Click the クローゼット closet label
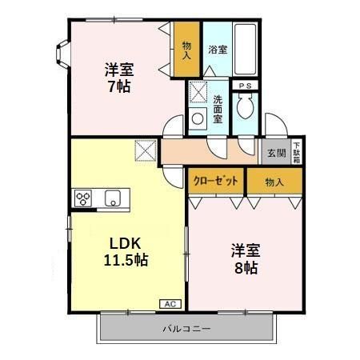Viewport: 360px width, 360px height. pyautogui.click(x=216, y=182)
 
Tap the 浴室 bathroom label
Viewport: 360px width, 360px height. pyautogui.click(x=218, y=50)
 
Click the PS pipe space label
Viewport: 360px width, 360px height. pyautogui.click(x=245, y=85)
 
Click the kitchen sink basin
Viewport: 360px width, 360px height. pyautogui.click(x=113, y=198)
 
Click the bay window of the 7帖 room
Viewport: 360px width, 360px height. pyautogui.click(x=62, y=53)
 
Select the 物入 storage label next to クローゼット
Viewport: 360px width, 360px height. pyautogui.click(x=274, y=182)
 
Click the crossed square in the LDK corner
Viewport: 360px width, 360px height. pyautogui.click(x=146, y=150)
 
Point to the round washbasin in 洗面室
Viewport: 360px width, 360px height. pyautogui.click(x=198, y=119)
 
